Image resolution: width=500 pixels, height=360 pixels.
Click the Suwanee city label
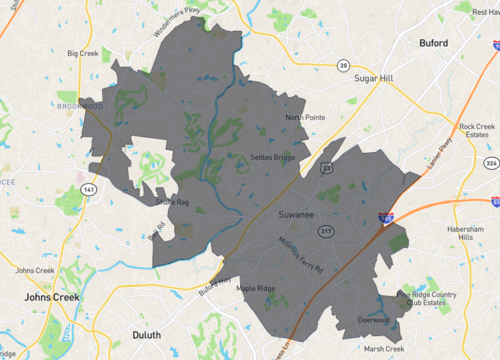click(x=298, y=215)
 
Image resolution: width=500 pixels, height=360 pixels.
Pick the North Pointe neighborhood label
click(x=305, y=117)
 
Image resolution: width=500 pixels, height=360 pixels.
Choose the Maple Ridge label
click(x=256, y=289)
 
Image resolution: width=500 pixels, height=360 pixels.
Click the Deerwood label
click(x=373, y=321)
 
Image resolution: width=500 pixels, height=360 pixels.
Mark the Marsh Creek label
click(x=384, y=348)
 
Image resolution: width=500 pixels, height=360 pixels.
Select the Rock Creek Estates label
click(x=477, y=132)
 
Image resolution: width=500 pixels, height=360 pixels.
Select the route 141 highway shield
click(x=89, y=188)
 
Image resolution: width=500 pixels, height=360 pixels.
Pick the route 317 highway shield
click(x=325, y=231)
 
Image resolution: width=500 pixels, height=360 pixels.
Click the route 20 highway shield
click(x=343, y=65)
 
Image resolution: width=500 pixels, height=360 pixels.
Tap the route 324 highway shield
click(x=490, y=162)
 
